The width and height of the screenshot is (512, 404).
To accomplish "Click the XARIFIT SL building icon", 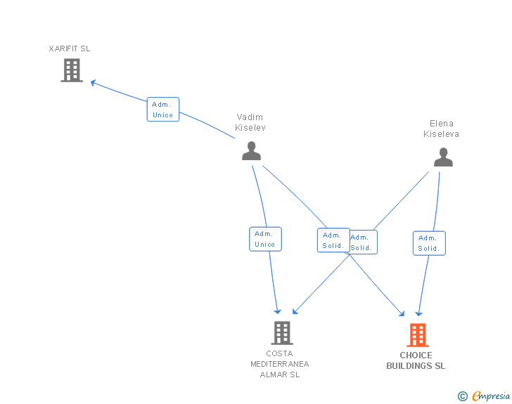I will pyautogui.click(x=72, y=70).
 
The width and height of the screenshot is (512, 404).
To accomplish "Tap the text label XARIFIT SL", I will pyautogui.click(x=70, y=49).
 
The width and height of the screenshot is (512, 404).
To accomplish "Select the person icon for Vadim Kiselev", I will pyautogui.click(x=251, y=150).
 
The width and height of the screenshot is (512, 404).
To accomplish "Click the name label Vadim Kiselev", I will pyautogui.click(x=250, y=123).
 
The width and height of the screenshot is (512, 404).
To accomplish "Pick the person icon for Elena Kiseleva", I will pyautogui.click(x=443, y=157).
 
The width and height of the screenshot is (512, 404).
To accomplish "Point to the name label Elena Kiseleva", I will pyautogui.click(x=441, y=129).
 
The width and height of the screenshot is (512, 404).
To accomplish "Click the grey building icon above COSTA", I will pyautogui.click(x=281, y=332).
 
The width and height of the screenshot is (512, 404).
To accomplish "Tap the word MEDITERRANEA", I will pyautogui.click(x=280, y=364).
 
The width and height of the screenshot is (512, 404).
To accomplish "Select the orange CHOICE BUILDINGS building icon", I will pyautogui.click(x=417, y=335).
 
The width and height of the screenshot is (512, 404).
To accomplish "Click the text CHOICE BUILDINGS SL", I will pyautogui.click(x=416, y=360).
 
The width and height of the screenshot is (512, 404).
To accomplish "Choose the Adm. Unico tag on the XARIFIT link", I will pyautogui.click(x=163, y=110).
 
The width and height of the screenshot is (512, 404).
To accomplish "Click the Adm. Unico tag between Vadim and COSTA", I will pyautogui.click(x=265, y=239).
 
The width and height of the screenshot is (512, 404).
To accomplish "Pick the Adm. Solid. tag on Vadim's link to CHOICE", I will pyautogui.click(x=333, y=240).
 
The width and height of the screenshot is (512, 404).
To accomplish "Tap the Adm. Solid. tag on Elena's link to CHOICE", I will pyautogui.click(x=429, y=243).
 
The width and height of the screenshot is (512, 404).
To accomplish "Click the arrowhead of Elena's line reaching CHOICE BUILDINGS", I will pyautogui.click(x=419, y=313).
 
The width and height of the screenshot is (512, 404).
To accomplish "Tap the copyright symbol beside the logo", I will pyautogui.click(x=463, y=397).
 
